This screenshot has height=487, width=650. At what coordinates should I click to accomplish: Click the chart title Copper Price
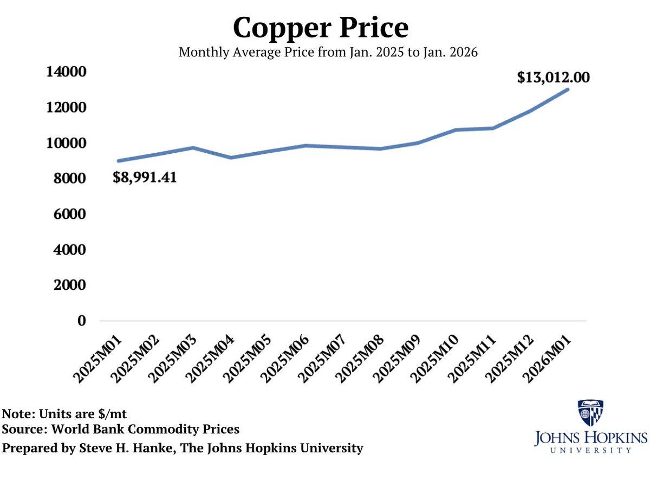321,27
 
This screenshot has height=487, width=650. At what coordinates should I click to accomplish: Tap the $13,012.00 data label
553,77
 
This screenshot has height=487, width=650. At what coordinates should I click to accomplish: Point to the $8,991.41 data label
145,177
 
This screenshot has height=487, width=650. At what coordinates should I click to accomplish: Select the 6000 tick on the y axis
70,214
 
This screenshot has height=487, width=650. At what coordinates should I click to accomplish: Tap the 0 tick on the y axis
81,321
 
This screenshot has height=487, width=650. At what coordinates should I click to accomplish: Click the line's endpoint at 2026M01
567,89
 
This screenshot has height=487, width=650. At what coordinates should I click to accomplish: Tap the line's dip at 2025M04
231,158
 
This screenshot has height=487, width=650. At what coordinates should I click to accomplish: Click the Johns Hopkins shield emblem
590,413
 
